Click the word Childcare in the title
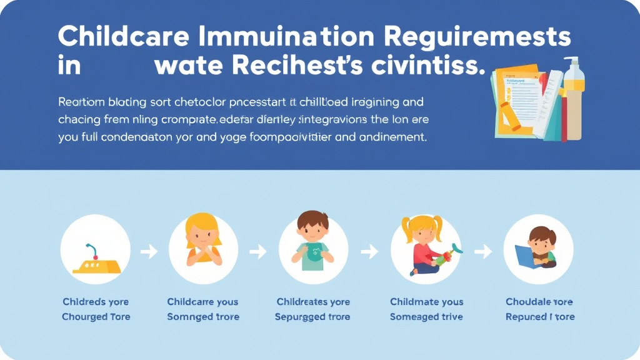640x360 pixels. point(124,37)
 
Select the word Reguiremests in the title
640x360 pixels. point(477,37)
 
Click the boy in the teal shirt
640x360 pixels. point(312,244)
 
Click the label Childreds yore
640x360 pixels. point(95,302)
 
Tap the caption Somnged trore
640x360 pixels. point(203,317)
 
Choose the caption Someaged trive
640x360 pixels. point(426,317)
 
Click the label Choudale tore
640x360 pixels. point(539,302)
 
